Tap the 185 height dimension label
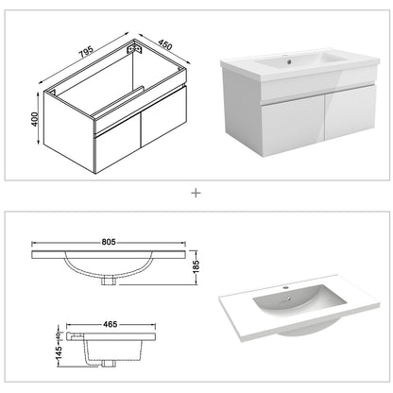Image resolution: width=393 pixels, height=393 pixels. [196, 267]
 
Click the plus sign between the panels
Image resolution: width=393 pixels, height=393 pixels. [196, 193]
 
